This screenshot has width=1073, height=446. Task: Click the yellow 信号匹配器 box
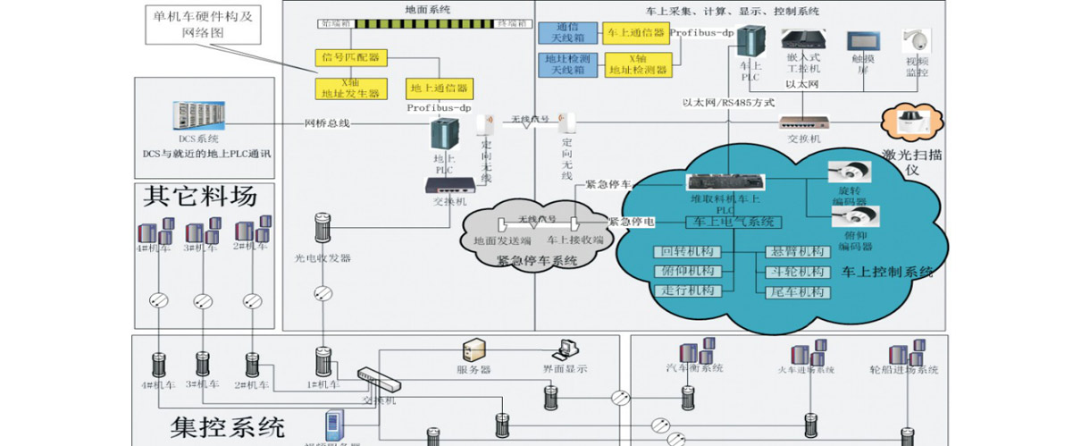pos(349,56)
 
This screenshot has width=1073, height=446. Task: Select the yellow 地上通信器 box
pos(440,88)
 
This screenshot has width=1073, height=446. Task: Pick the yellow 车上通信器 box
pos(635,33)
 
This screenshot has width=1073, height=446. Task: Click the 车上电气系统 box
pos(733,222)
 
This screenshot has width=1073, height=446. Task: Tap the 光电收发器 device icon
pos(323,230)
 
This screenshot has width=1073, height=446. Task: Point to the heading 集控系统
pos(227,424)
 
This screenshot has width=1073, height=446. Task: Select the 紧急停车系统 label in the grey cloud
pos(537,261)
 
